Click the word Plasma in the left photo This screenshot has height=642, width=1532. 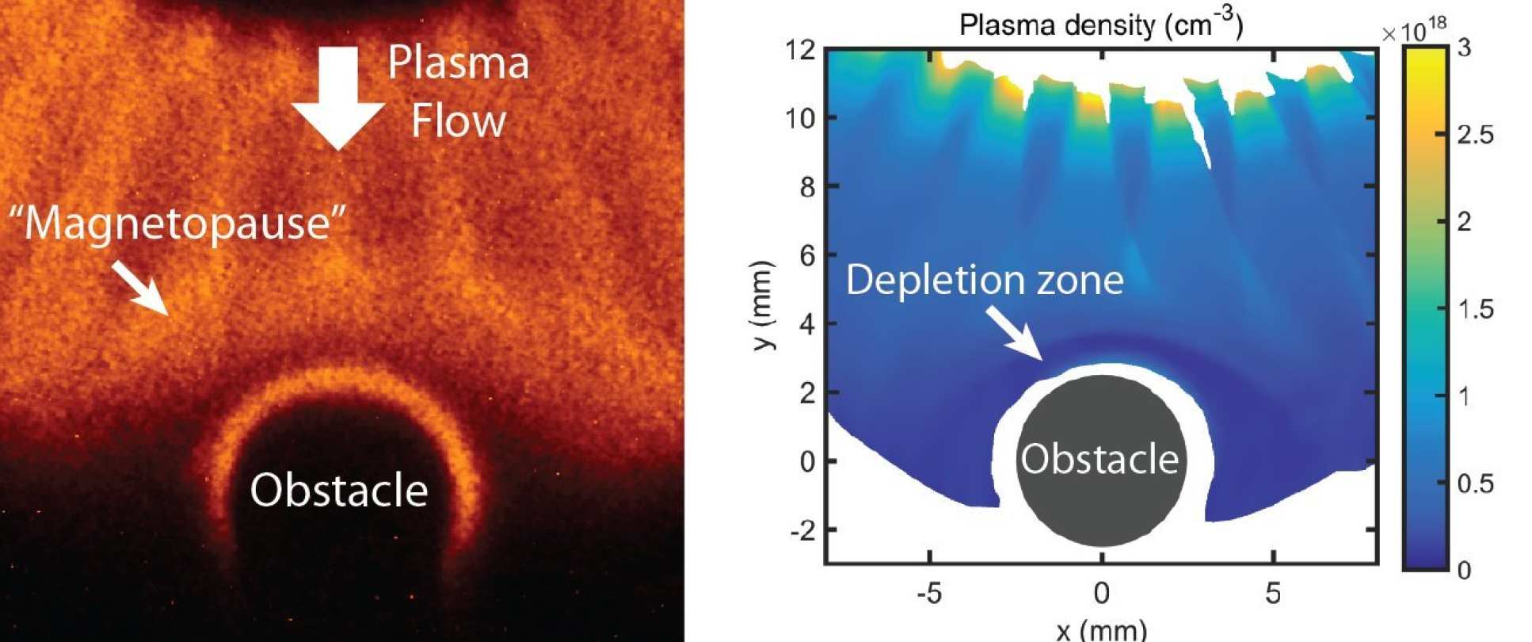458,63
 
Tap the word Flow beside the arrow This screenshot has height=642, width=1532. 458,121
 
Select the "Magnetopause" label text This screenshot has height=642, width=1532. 178,223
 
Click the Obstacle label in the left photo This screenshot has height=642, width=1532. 339,490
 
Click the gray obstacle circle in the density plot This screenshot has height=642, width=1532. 1100,491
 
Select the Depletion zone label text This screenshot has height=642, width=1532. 985,280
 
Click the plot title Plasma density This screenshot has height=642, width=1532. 1101,25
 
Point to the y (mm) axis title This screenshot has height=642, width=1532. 764,304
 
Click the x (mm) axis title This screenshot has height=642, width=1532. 1101,630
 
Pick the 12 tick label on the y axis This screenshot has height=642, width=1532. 800,50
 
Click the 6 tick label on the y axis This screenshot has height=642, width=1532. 806,255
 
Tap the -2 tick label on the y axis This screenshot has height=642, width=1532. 802,529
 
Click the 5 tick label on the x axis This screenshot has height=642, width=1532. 1273,593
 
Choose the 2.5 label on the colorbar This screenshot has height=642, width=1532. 1475,135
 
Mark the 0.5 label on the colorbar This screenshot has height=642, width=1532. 1475,483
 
